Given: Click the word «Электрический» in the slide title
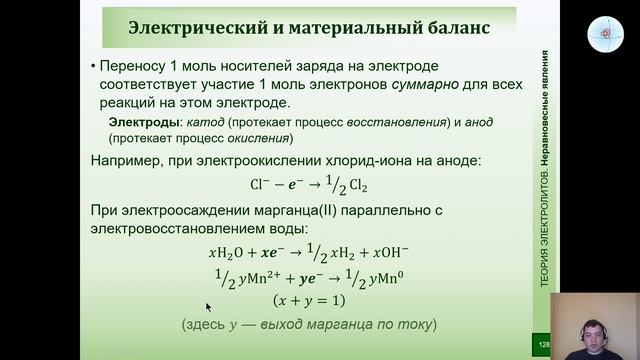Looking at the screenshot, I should [x=196, y=27].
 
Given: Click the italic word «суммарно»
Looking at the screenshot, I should [x=377, y=84].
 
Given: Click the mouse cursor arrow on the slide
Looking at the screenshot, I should [x=209, y=308].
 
